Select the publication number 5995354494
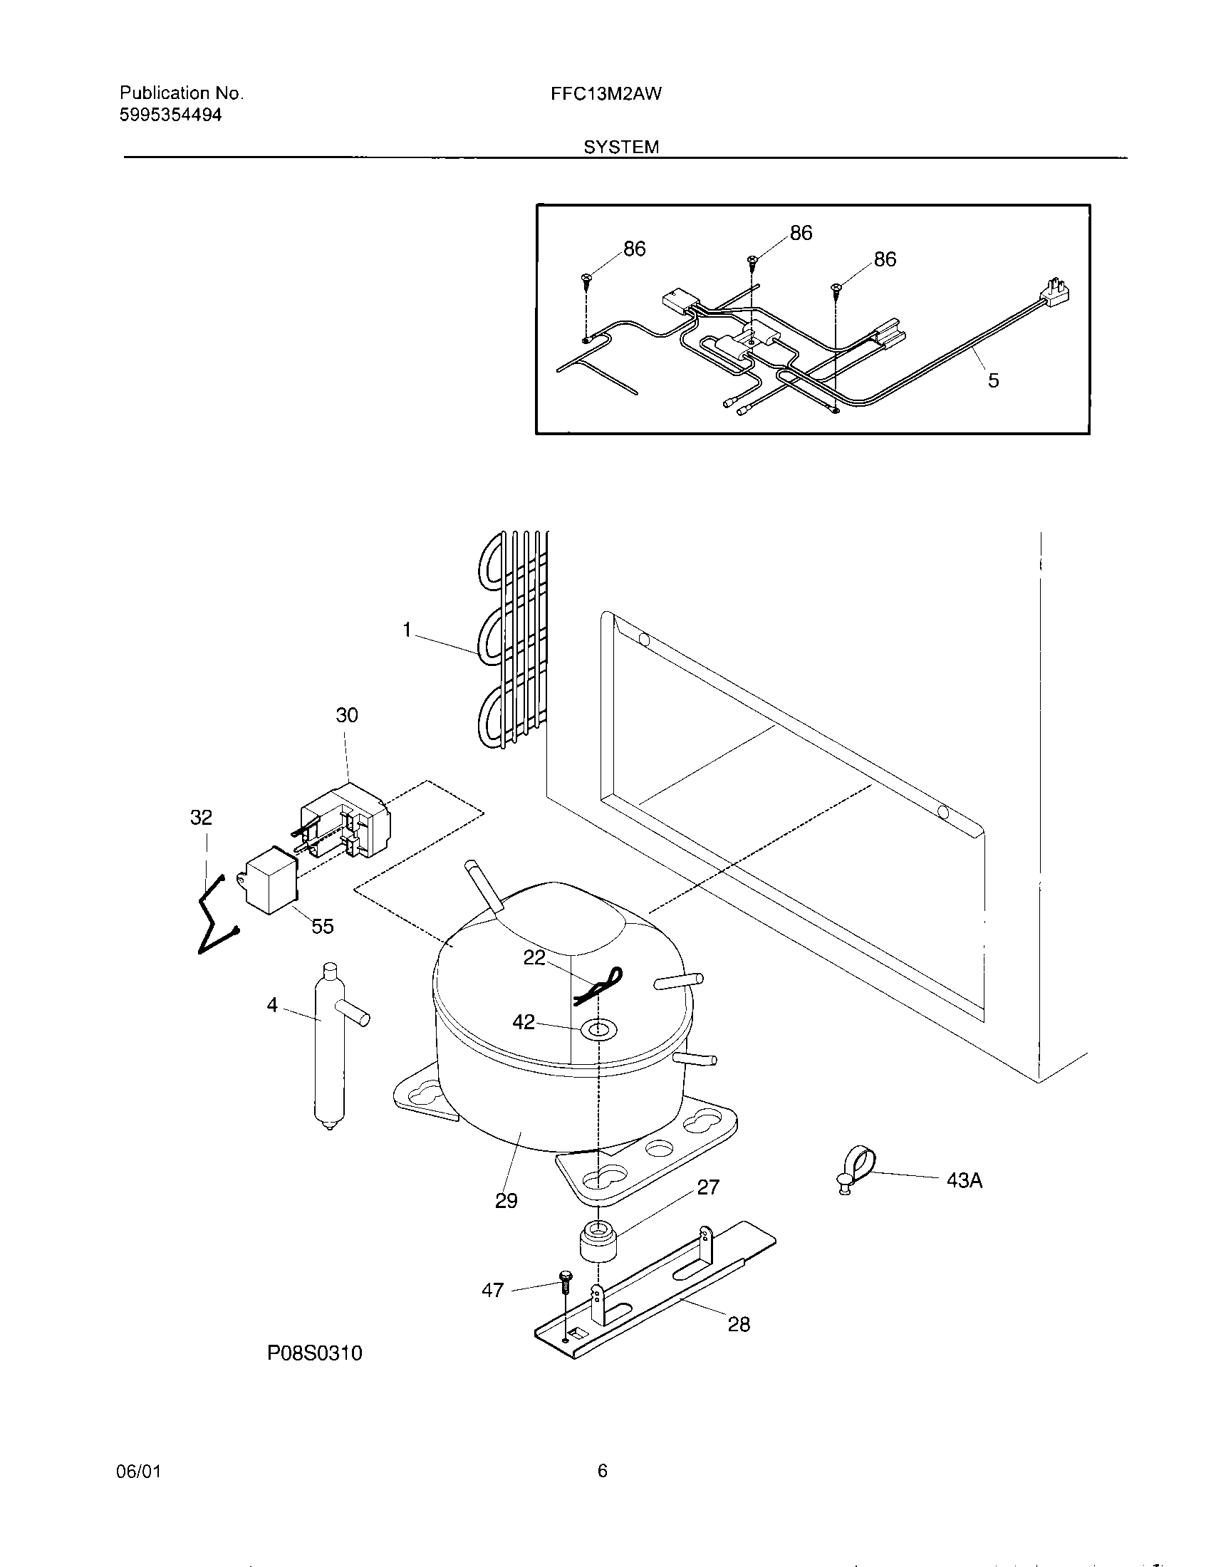[x=170, y=115]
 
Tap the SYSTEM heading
[x=620, y=147]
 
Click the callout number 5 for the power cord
[x=993, y=380]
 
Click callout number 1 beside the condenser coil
[x=407, y=630]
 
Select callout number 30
[x=346, y=714]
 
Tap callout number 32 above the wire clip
[x=201, y=817]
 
